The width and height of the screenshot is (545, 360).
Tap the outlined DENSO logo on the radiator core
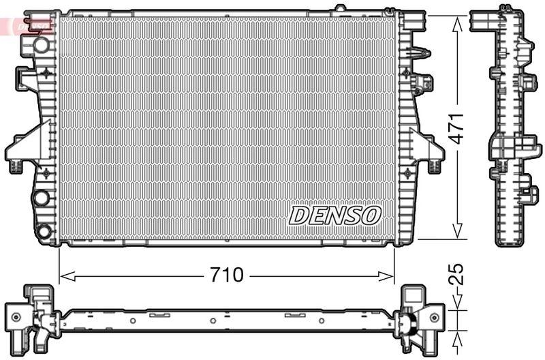334,215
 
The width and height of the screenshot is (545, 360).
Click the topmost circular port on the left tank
42,45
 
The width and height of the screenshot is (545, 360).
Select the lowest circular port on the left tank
44,231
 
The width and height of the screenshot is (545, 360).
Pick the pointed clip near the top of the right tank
422,53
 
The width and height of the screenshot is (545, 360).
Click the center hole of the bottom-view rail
213,320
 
